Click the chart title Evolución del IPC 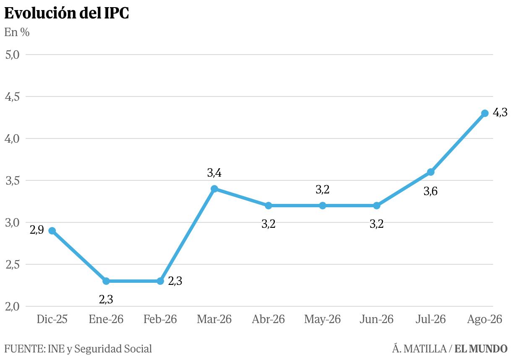[66, 13]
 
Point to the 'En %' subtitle [17, 32]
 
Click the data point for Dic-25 [52, 231]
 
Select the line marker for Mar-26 [214, 189]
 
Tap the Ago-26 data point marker [485, 113]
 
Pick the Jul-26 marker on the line [431, 172]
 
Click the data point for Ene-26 [106, 281]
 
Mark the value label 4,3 [500, 113]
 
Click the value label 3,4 [214, 173]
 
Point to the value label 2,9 [37, 230]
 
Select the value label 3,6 [431, 191]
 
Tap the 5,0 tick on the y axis [12, 55]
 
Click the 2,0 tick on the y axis [12, 307]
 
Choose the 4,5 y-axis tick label [12, 97]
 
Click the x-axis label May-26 [322, 319]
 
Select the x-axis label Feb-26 [160, 319]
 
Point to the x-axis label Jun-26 [376, 319]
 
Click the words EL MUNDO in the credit [481, 349]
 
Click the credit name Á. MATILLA [419, 349]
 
